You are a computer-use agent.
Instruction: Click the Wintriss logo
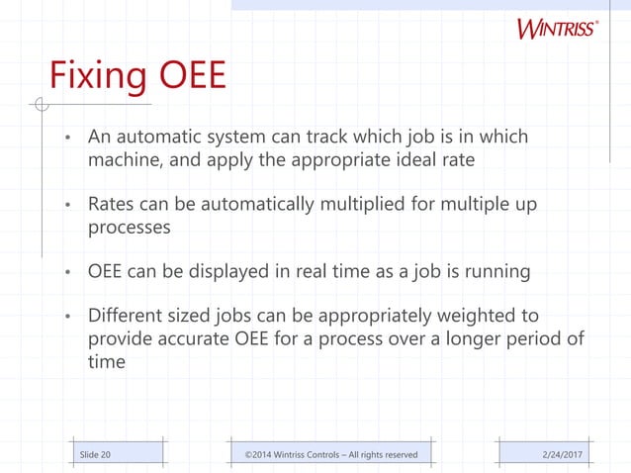(556, 28)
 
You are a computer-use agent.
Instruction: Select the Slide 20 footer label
(95, 454)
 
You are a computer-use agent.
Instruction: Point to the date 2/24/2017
(565, 454)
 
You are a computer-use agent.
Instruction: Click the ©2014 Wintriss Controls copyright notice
(331, 454)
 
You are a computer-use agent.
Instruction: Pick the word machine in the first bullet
(123, 159)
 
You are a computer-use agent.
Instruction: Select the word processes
(130, 227)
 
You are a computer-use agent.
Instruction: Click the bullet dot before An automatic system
(68, 138)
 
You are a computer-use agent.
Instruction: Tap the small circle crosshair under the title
(40, 104)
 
